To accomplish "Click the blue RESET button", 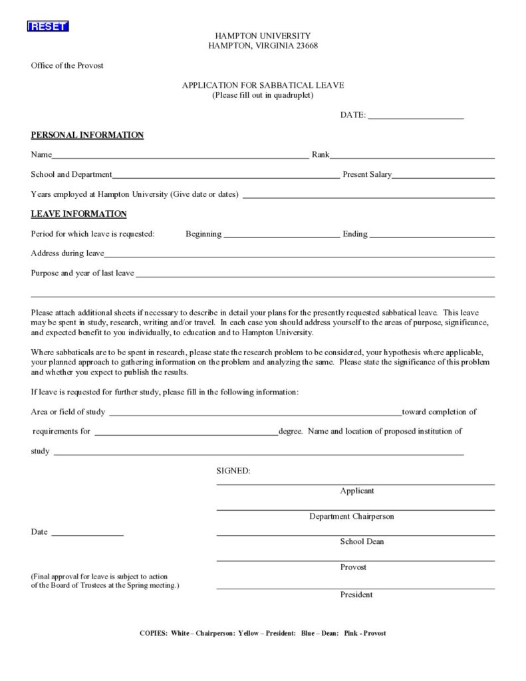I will coord(48,26).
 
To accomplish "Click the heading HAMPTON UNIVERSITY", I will coord(263,35).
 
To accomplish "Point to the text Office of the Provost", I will coord(67,66).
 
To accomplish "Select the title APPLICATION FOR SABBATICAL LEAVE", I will coord(263,85).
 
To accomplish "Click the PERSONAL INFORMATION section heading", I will coord(87,135).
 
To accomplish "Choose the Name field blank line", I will coord(180,158).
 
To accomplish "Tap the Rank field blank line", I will coord(412,158).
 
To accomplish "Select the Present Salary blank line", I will coord(444,178).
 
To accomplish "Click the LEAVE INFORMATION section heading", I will coord(78,214).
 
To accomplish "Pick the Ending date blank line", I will coord(432,236).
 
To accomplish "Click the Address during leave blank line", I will coord(300,255).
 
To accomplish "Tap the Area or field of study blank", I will coord(255,414).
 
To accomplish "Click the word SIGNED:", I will coord(233,471).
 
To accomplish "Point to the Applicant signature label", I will coord(357,491).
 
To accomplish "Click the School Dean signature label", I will coord(362,541).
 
